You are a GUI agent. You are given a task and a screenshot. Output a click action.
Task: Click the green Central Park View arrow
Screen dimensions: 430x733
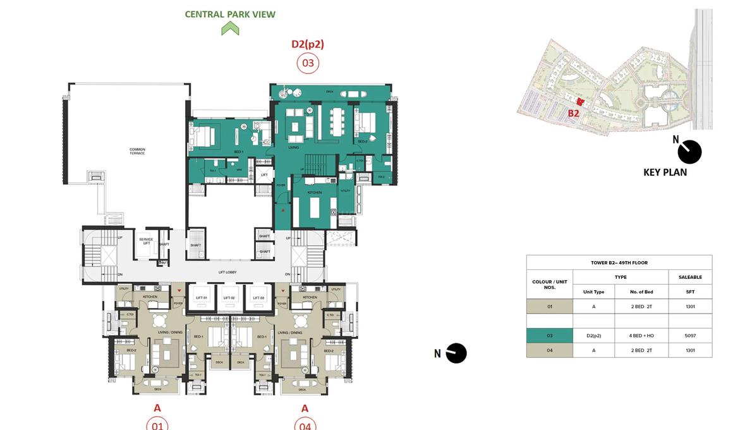tap(230, 28)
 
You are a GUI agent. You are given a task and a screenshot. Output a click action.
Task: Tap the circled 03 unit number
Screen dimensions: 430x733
tap(308, 63)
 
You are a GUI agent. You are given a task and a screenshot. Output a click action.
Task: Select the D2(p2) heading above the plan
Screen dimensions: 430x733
tap(308, 44)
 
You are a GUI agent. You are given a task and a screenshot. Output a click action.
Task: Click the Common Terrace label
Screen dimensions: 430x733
tap(137, 152)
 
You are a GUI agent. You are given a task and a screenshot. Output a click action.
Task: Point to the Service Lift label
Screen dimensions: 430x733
tap(146, 242)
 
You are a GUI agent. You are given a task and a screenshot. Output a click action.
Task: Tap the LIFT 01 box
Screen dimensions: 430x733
tap(202, 297)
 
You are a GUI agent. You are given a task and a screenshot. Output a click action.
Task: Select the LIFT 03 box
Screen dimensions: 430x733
tap(257, 297)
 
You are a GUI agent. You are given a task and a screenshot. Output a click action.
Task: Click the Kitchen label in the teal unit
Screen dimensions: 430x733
tap(315, 192)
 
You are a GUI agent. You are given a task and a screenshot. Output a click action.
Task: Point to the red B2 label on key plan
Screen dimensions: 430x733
tap(573, 114)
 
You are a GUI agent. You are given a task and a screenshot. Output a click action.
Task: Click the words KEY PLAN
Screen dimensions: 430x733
tap(665, 172)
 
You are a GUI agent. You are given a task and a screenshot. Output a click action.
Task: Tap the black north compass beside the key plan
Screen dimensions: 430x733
tap(689, 152)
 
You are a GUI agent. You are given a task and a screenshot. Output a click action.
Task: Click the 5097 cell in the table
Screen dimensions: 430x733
tap(690, 336)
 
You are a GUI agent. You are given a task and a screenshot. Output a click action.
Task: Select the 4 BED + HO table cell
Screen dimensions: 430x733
tap(641, 336)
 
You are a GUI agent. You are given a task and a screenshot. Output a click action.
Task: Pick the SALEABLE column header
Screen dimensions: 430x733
tap(690, 277)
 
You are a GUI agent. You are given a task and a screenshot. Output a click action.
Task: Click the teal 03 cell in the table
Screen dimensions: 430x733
tap(550, 336)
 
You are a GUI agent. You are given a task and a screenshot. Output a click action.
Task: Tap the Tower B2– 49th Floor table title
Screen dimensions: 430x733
tap(619, 262)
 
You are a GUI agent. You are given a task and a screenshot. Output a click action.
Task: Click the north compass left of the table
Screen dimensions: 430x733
tap(456, 353)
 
